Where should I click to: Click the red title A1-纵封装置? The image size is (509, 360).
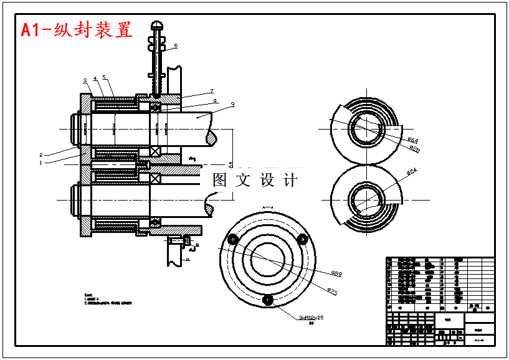tap(77, 30)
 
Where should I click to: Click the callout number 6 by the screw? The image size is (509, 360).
tap(176, 45)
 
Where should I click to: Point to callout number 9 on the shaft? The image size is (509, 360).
tap(232, 105)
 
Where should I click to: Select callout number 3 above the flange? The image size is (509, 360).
tap(85, 80)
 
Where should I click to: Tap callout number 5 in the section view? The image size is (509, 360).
tap(104, 78)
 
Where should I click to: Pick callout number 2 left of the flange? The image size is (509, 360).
tap(40, 155)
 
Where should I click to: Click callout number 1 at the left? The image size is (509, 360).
tap(40, 163)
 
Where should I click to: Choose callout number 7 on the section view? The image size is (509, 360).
tap(212, 91)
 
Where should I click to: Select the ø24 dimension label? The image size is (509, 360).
tap(412, 171)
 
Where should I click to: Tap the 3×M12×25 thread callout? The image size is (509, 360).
tap(312, 318)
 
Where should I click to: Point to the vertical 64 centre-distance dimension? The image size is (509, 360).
tap(230, 164)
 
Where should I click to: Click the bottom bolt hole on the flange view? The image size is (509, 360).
tap(268, 300)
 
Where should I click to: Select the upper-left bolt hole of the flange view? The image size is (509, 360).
tap(232, 239)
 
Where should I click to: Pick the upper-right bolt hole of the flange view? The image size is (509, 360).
tap(303, 239)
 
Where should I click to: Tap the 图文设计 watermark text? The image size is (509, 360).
tap(255, 180)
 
